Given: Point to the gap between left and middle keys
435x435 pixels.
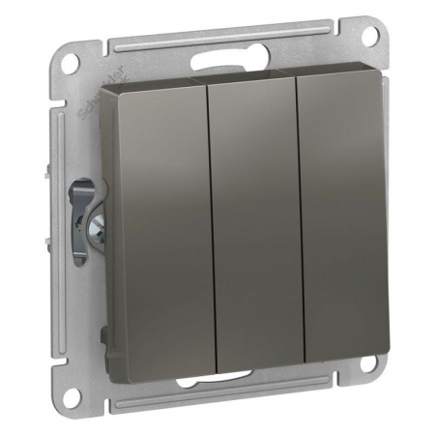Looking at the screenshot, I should (205, 232).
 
